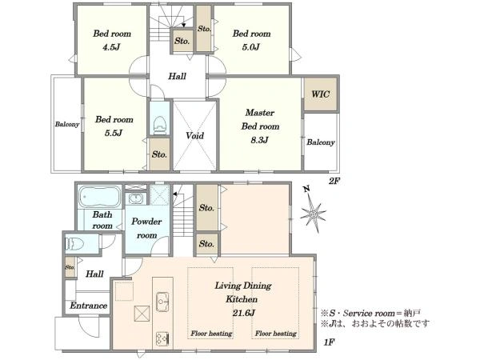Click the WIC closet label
point(321,94)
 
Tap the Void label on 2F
point(194,135)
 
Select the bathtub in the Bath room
point(100,197)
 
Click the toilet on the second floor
point(160,124)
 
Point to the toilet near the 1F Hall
point(74,244)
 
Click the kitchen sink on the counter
point(162,302)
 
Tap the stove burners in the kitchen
point(162,339)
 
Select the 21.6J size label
point(243,313)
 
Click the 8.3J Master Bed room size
point(259,140)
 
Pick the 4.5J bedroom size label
point(111,47)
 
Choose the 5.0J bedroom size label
point(250,47)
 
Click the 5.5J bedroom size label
point(114,133)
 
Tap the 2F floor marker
point(334,182)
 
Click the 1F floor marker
point(328,342)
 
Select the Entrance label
point(89,306)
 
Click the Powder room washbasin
point(135,198)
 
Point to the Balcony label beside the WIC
point(321,142)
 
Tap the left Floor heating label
point(211,334)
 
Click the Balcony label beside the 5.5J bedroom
point(67,124)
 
